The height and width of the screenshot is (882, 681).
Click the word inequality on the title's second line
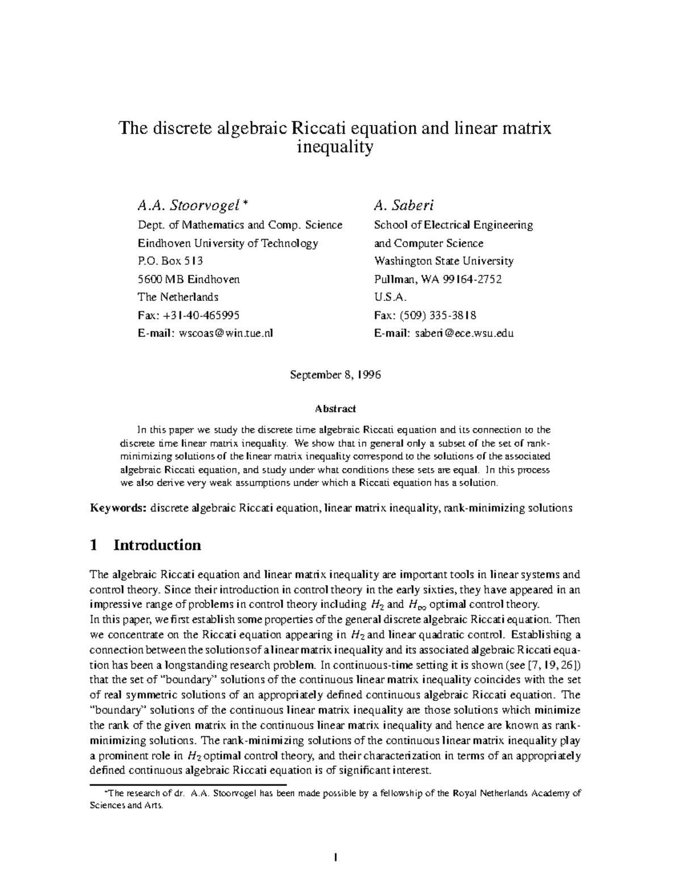[335, 147]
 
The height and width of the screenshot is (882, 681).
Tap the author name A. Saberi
[404, 205]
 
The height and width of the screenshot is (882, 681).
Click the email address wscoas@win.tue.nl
[226, 333]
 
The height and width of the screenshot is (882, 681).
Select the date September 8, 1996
[335, 375]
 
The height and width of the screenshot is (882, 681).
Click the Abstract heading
[335, 408]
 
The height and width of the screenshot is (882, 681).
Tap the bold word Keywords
[119, 508]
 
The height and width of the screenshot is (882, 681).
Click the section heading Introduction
[157, 545]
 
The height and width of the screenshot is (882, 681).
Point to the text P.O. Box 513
[170, 261]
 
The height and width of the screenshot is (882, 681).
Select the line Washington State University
[444, 261]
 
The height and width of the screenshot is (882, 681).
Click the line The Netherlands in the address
[178, 297]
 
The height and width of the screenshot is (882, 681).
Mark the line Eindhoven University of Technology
[228, 243]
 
